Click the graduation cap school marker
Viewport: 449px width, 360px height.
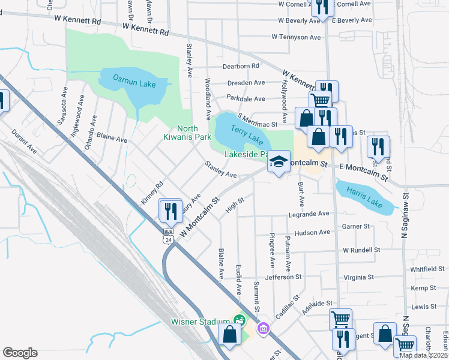pyautogui.click(x=278, y=161)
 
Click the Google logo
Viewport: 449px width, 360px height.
pyautogui.click(x=20, y=352)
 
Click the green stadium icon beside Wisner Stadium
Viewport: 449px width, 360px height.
pyautogui.click(x=240, y=320)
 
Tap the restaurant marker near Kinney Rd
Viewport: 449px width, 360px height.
pyautogui.click(x=170, y=211)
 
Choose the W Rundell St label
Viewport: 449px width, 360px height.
pyautogui.click(x=361, y=250)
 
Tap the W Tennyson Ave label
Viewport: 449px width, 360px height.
pyautogui.click(x=296, y=37)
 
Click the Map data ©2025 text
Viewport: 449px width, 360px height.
pyautogui.click(x=423, y=355)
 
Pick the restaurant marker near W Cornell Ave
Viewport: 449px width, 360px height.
pyautogui.click(x=322, y=7)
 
